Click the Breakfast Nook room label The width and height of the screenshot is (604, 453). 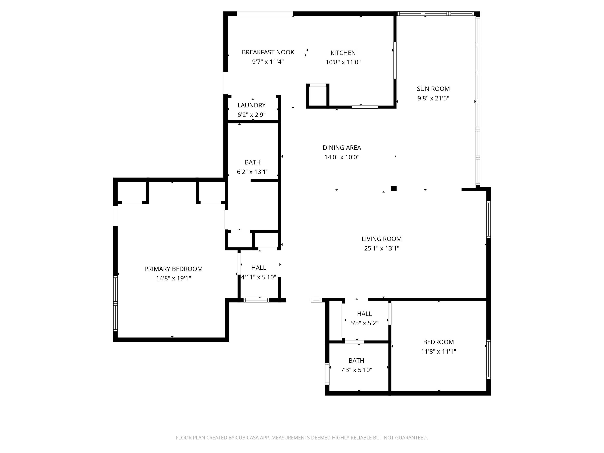[268, 52]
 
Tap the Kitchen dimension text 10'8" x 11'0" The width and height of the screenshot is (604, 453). [343, 62]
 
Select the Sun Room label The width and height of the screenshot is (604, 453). [433, 89]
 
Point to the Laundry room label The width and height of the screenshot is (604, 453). [251, 105]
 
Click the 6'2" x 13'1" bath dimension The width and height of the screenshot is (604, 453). [253, 172]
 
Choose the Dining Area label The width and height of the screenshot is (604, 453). [342, 148]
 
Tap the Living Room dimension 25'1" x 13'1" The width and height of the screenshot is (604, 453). [382, 248]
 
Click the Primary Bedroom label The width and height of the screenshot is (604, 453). [173, 269]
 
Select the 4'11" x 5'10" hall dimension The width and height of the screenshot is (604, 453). [259, 277]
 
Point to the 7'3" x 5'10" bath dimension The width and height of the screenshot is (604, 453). [356, 370]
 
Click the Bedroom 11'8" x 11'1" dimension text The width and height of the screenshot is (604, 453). [439, 351]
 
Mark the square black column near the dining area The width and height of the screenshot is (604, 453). [394, 188]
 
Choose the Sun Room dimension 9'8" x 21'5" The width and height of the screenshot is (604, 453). [433, 98]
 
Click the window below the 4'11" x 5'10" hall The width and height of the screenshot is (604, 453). [256, 300]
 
